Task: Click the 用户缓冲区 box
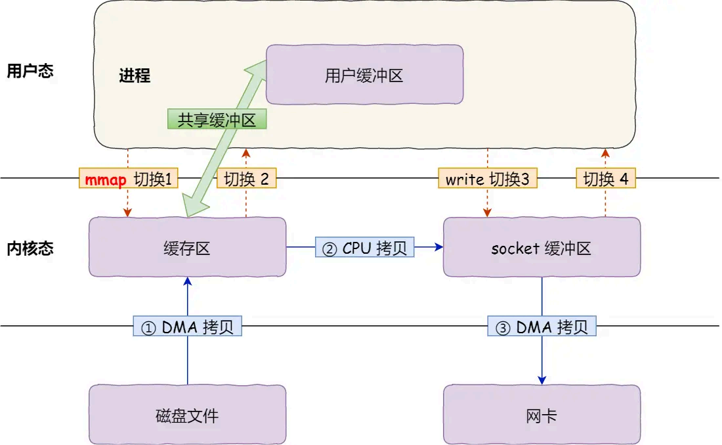(x=364, y=75)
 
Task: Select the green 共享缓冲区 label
(x=217, y=119)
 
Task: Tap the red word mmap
(x=105, y=179)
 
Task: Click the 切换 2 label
(x=246, y=179)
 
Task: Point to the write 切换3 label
(x=487, y=179)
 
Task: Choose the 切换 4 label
(x=606, y=179)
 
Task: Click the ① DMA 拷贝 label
(x=188, y=327)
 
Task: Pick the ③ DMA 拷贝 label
(x=542, y=327)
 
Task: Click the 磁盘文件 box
(x=187, y=415)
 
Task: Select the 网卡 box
(x=541, y=415)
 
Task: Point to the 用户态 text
(x=30, y=72)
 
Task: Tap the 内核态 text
(x=30, y=248)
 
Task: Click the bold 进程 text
(x=135, y=76)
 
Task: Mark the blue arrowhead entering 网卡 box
(x=542, y=380)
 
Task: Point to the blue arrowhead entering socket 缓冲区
(x=438, y=247)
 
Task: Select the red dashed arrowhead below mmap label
(x=128, y=212)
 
